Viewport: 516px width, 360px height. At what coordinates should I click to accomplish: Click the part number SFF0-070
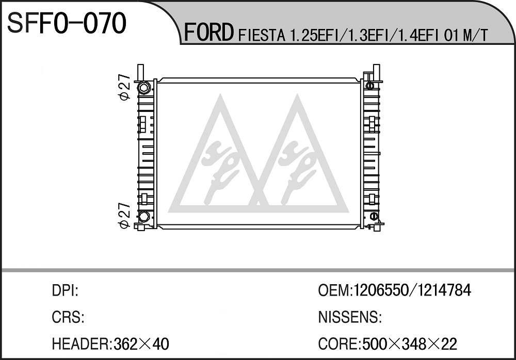(x=67, y=23)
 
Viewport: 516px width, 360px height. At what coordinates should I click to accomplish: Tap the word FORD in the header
(x=208, y=32)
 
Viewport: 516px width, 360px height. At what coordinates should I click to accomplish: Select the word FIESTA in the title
(x=261, y=36)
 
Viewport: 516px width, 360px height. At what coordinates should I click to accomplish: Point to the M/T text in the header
(x=475, y=36)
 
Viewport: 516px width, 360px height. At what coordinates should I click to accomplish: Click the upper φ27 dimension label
(x=125, y=87)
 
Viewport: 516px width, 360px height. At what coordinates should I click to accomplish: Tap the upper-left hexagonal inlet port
(x=144, y=87)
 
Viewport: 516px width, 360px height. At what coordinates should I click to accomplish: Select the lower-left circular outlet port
(x=144, y=217)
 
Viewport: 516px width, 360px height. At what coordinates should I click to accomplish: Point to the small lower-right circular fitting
(x=374, y=216)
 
